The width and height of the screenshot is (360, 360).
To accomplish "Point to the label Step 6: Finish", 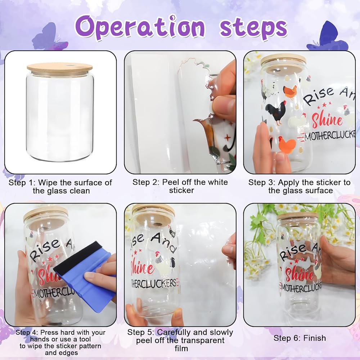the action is click(x=300, y=338).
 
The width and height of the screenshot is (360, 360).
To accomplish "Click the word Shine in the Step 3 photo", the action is click(x=327, y=120).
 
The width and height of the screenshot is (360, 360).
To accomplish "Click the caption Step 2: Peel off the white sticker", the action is click(x=180, y=186).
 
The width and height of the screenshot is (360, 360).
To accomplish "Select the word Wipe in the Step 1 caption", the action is click(x=47, y=183).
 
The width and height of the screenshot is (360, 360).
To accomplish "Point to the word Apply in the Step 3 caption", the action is click(x=288, y=183).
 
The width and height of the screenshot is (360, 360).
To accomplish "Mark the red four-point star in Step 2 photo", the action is click(x=227, y=138).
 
